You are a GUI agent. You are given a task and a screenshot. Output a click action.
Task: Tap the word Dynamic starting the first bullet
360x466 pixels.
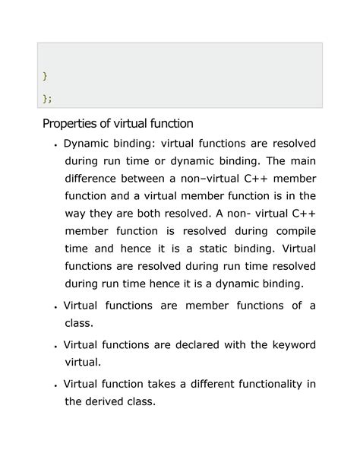(x=87, y=144)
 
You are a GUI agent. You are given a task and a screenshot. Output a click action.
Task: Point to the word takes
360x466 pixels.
(x=163, y=384)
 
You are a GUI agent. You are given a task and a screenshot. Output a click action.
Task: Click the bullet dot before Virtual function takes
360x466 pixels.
(x=56, y=386)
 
